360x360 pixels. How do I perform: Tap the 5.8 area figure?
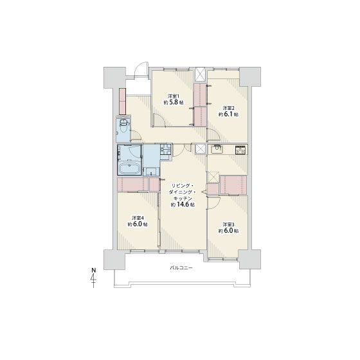point(174,102)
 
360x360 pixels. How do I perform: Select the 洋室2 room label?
point(229,108)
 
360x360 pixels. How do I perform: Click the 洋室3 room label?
point(228,224)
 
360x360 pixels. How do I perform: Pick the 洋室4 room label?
point(138,217)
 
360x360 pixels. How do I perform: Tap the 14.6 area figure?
point(183,204)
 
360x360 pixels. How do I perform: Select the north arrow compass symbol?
point(93,278)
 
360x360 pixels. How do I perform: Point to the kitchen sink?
point(216,150)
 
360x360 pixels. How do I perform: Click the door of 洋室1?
point(159,120)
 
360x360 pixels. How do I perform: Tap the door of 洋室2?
point(214,135)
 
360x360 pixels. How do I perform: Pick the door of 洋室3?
point(214,203)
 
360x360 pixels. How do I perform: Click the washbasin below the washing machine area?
point(151,172)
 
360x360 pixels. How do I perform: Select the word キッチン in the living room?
point(183,198)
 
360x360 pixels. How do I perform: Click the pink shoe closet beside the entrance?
point(123,102)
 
